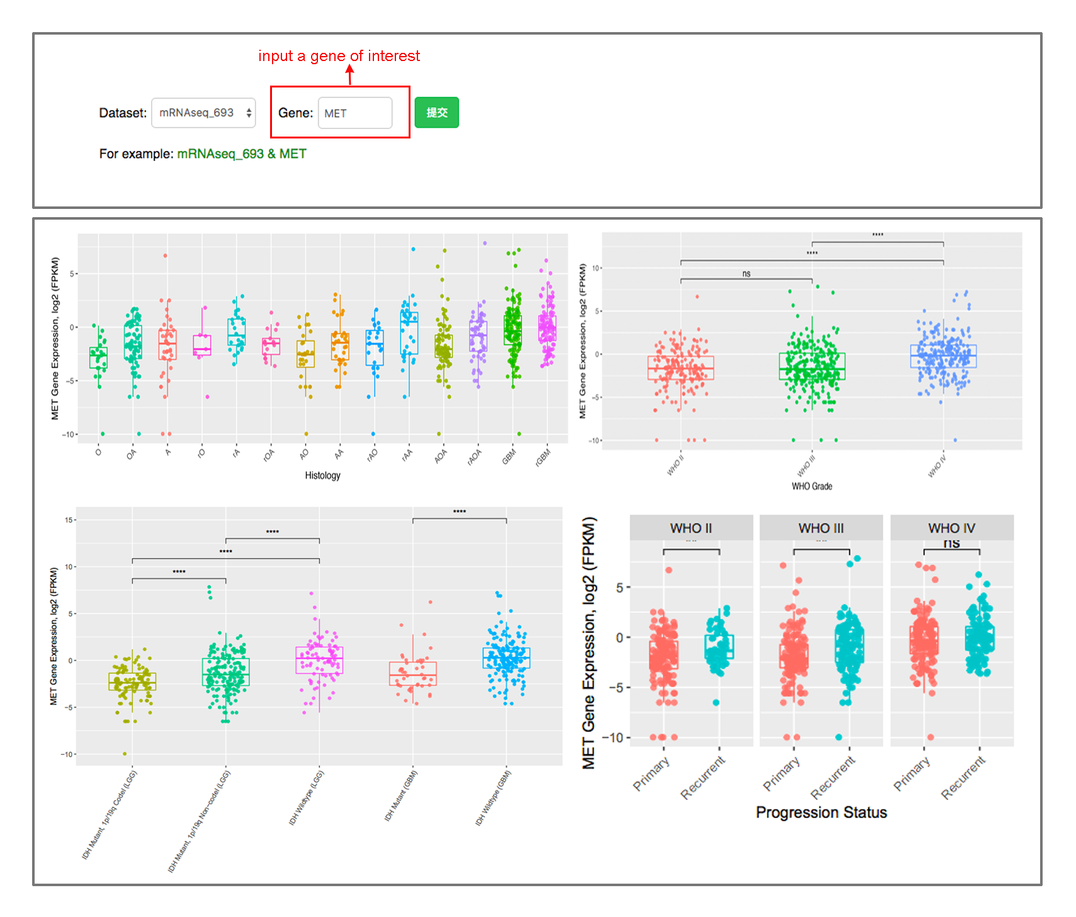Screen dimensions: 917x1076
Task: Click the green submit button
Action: (x=436, y=113)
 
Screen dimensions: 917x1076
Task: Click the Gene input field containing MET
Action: (x=355, y=113)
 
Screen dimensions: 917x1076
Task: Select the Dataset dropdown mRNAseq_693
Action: (x=203, y=113)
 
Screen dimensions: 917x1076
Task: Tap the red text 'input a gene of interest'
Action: (x=339, y=56)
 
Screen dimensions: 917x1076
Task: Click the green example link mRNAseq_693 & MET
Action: (x=242, y=154)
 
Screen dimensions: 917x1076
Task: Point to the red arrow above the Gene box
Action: (x=350, y=75)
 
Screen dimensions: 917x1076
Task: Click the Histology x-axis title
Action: (x=322, y=476)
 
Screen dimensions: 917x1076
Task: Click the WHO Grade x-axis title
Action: (x=812, y=487)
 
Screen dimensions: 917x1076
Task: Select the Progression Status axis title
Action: (x=821, y=813)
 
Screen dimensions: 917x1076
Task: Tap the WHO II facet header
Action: (x=691, y=528)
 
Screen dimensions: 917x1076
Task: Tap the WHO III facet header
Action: (x=821, y=528)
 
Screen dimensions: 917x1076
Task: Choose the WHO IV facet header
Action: (x=951, y=528)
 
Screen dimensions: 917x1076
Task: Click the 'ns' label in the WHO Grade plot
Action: (x=746, y=274)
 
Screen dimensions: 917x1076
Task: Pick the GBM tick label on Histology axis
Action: (x=509, y=456)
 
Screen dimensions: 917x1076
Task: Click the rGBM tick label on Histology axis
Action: (x=543, y=456)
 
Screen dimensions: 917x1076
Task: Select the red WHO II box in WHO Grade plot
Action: (x=681, y=368)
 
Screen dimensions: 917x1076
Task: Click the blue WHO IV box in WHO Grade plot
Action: (x=943, y=356)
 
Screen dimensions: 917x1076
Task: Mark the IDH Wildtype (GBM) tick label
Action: (x=493, y=798)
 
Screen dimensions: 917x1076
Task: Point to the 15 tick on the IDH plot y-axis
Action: (x=69, y=520)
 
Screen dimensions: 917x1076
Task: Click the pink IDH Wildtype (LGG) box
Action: (x=319, y=660)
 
